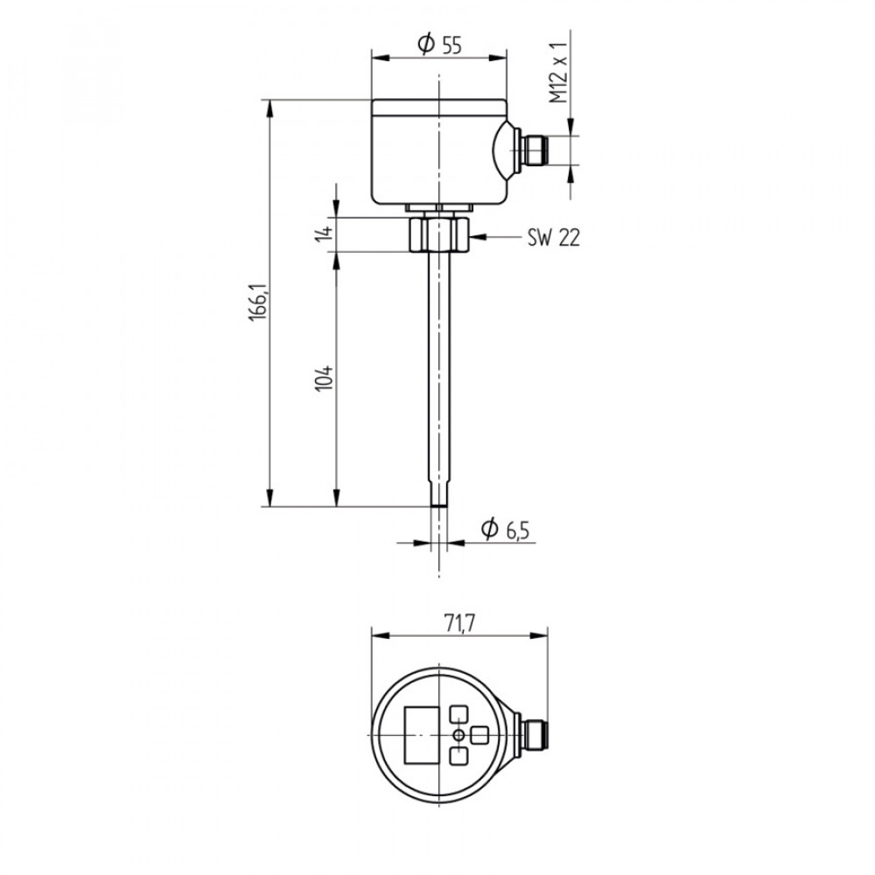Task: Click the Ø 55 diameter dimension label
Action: [440, 44]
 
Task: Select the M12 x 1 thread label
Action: [558, 72]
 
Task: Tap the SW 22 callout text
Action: [554, 238]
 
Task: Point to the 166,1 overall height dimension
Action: [258, 302]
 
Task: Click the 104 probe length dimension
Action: [324, 378]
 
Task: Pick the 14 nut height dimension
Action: [324, 233]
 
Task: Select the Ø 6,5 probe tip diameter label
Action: [505, 529]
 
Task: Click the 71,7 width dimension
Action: [459, 624]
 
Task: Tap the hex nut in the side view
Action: [439, 234]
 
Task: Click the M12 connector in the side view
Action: [534, 150]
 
